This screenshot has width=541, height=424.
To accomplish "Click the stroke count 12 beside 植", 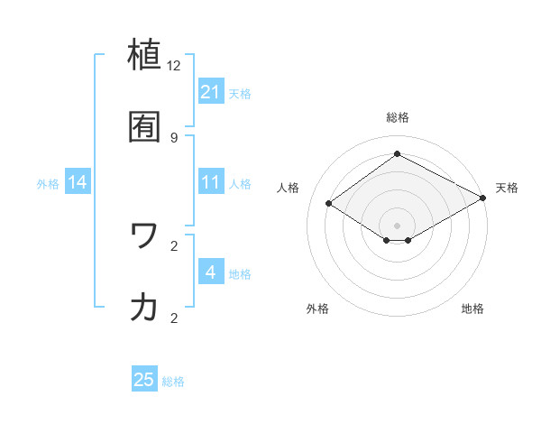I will click(174, 66).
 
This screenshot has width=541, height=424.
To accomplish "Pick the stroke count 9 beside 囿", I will click(174, 137).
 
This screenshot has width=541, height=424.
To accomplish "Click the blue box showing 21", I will click(211, 91).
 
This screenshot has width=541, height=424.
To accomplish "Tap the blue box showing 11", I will click(211, 182).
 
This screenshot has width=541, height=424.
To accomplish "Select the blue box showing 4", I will click(211, 272).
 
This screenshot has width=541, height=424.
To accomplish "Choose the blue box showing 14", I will click(78, 182).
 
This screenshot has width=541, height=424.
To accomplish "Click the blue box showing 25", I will click(144, 380).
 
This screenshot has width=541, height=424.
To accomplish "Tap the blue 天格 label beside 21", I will click(240, 93).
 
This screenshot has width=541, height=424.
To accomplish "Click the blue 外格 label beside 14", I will click(48, 184).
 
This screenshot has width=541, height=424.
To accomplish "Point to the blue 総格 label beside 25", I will click(173, 382).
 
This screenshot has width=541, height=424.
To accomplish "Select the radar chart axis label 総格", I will click(398, 117).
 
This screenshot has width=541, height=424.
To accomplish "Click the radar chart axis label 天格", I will click(507, 188).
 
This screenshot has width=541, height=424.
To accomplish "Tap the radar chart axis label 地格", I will click(472, 309).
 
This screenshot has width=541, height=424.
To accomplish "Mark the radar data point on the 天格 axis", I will click(484, 197).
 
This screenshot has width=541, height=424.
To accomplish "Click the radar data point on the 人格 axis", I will click(329, 204).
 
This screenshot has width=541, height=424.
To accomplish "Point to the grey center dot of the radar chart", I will click(398, 225).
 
